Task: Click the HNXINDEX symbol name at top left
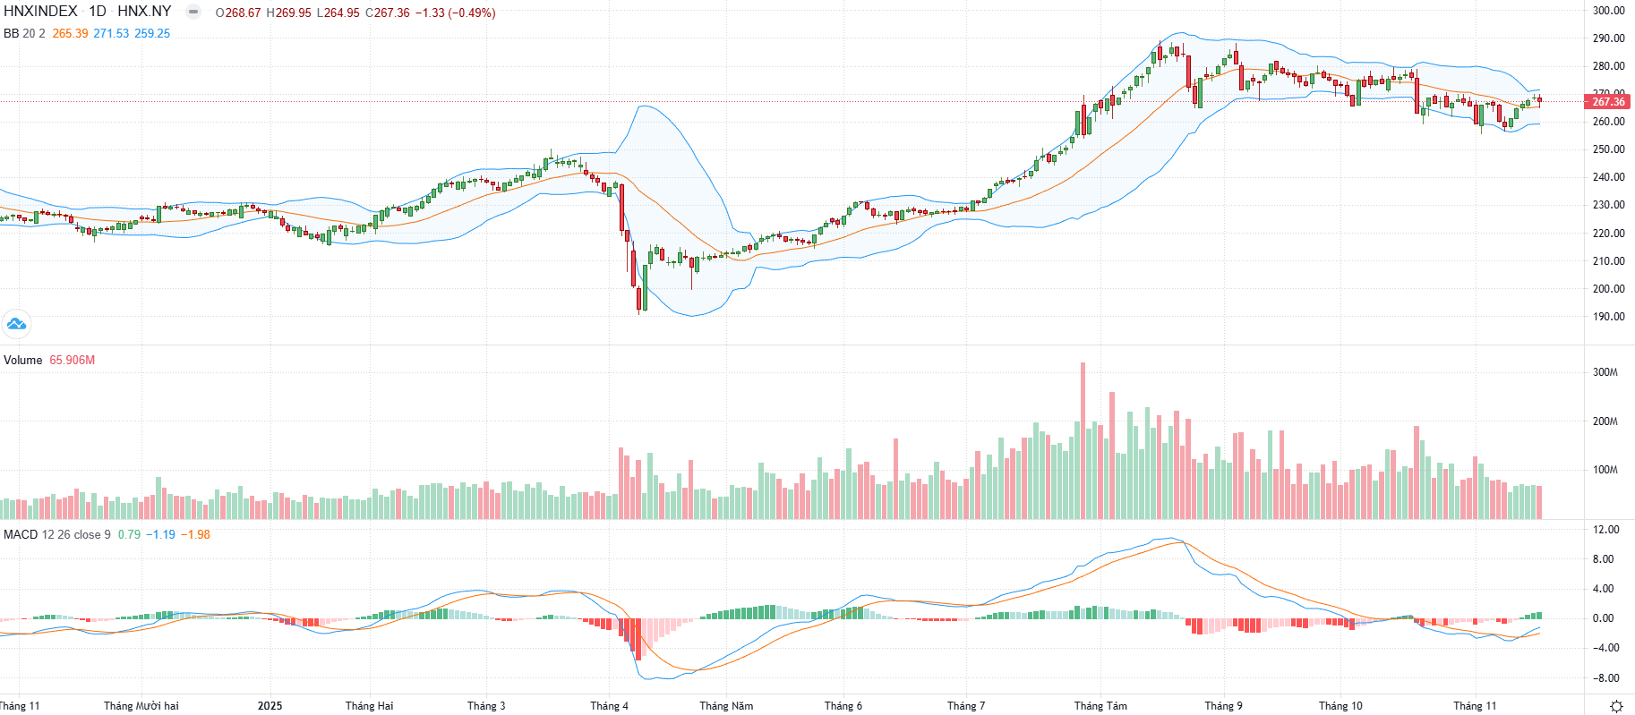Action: pyautogui.click(x=40, y=12)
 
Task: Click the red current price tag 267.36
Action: pyautogui.click(x=1608, y=102)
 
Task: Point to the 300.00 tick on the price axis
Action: pyautogui.click(x=1608, y=11)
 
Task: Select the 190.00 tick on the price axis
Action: pyautogui.click(x=1608, y=317)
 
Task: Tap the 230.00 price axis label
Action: pyautogui.click(x=1608, y=205)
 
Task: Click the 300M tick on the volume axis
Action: pyautogui.click(x=1605, y=372)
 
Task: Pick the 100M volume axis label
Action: pyautogui.click(x=1605, y=470)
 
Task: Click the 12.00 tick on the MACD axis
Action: pyautogui.click(x=1606, y=530)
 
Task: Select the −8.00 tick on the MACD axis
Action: pyautogui.click(x=1605, y=678)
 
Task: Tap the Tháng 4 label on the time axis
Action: pyautogui.click(x=609, y=706)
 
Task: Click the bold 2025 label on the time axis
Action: pyautogui.click(x=270, y=706)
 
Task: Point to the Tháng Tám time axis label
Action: pyautogui.click(x=1100, y=706)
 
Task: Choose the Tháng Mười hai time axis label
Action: pyautogui.click(x=141, y=706)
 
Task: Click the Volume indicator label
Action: pyautogui.click(x=22, y=361)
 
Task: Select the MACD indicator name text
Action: pyautogui.click(x=21, y=535)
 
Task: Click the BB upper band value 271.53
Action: pyautogui.click(x=111, y=33)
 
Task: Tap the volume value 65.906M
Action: pyautogui.click(x=72, y=361)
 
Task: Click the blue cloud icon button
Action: pyautogui.click(x=16, y=324)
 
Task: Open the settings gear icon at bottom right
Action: pyautogui.click(x=1616, y=706)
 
